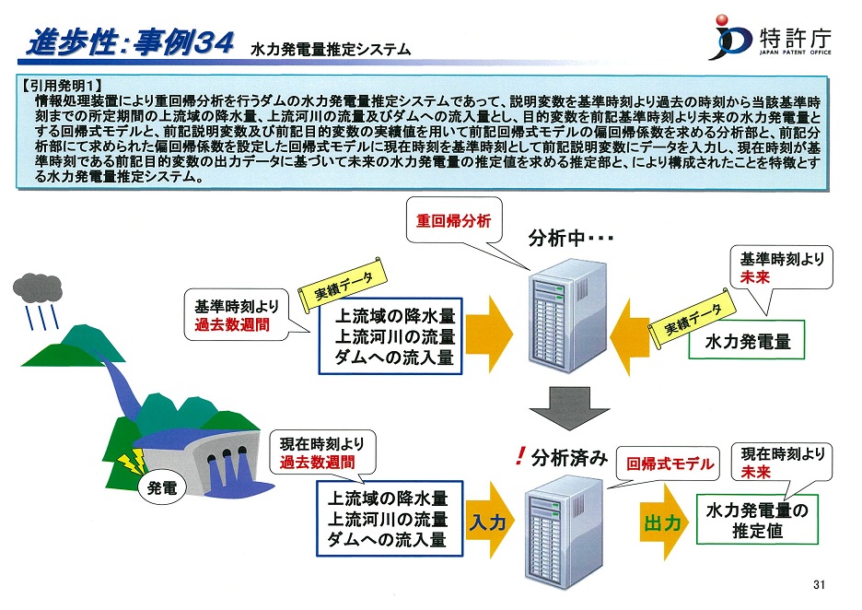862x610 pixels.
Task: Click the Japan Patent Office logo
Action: (x=770, y=38)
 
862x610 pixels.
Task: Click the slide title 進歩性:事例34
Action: (x=131, y=41)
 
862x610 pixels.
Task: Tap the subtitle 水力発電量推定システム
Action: (x=331, y=50)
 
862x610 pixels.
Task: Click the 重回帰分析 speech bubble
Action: (x=454, y=220)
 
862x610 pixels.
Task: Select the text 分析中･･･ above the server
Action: (x=570, y=238)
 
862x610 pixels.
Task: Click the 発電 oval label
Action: (x=162, y=487)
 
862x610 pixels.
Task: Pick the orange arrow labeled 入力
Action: (x=489, y=522)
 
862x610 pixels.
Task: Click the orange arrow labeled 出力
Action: (x=663, y=522)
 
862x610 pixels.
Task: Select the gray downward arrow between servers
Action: (x=569, y=408)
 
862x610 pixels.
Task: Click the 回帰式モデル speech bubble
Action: (x=669, y=464)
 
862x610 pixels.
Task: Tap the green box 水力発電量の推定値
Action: (x=757, y=520)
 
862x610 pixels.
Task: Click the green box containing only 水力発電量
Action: (x=747, y=341)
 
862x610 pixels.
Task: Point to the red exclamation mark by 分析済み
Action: (x=519, y=456)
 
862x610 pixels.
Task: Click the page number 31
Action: (x=819, y=585)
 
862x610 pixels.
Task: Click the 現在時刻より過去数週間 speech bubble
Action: (x=322, y=452)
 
